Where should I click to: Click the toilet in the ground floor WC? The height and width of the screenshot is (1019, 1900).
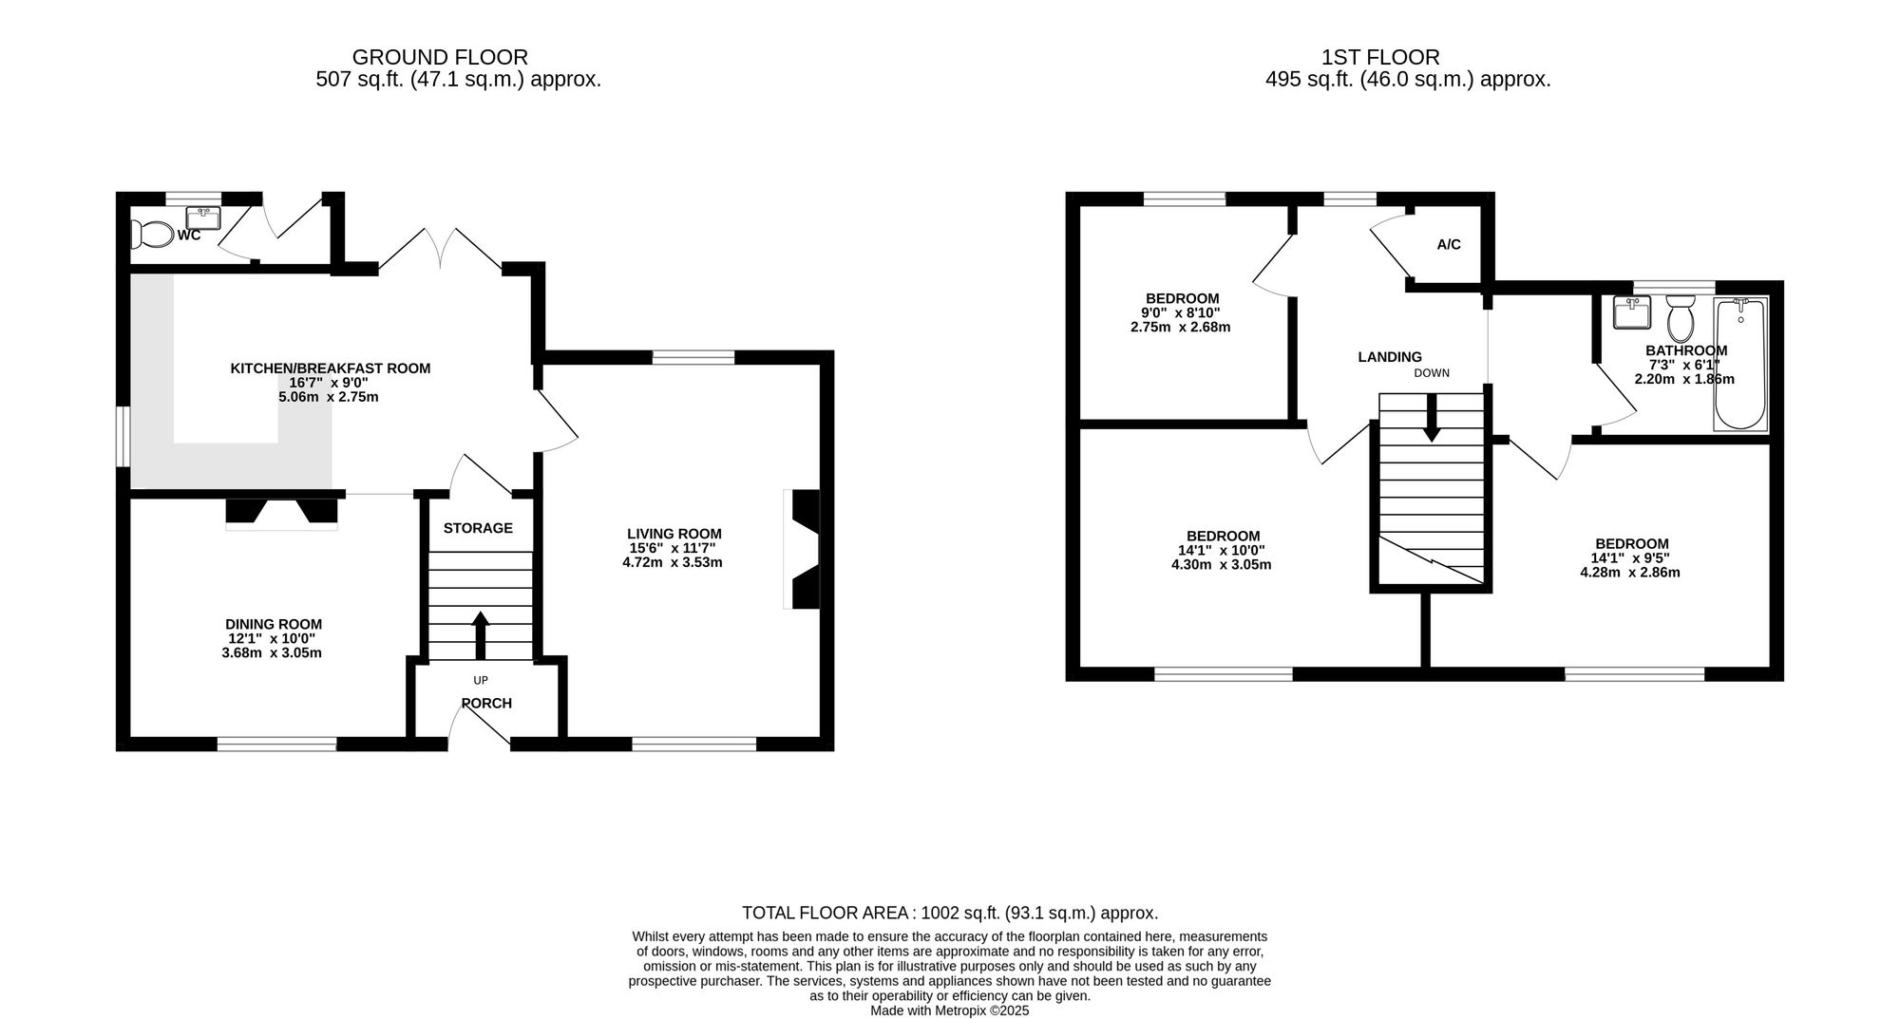[x=152, y=234]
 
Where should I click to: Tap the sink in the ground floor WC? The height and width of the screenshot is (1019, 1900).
[x=204, y=218]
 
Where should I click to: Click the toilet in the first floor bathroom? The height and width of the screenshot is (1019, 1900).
[x=1681, y=317]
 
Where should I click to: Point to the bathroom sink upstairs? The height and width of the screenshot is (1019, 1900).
[x=1631, y=312]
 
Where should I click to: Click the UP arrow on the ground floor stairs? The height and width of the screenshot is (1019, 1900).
[x=480, y=635]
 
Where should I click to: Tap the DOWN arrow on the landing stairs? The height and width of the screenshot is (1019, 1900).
[x=1432, y=417]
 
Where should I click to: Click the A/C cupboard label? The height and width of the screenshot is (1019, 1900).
[x=1449, y=245]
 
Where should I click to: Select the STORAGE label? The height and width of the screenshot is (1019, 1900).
[x=478, y=528]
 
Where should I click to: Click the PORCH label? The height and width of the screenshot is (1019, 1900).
[x=486, y=704]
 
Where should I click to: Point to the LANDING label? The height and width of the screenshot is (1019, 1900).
[x=1390, y=357]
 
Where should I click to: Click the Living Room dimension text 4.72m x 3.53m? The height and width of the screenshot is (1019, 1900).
[x=666, y=562]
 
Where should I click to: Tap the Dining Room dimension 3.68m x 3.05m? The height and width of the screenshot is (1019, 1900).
[x=272, y=653]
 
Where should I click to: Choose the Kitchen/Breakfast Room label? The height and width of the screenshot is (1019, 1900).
[x=331, y=368]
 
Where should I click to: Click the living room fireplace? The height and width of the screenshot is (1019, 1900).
[x=801, y=549]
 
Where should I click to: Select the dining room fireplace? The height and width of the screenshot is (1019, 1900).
[x=281, y=513]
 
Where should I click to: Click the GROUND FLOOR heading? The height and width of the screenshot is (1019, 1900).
[x=440, y=57]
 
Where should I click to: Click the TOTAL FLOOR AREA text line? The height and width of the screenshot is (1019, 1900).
[x=950, y=914]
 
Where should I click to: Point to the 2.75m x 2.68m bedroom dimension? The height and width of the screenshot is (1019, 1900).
[x=1181, y=328]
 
